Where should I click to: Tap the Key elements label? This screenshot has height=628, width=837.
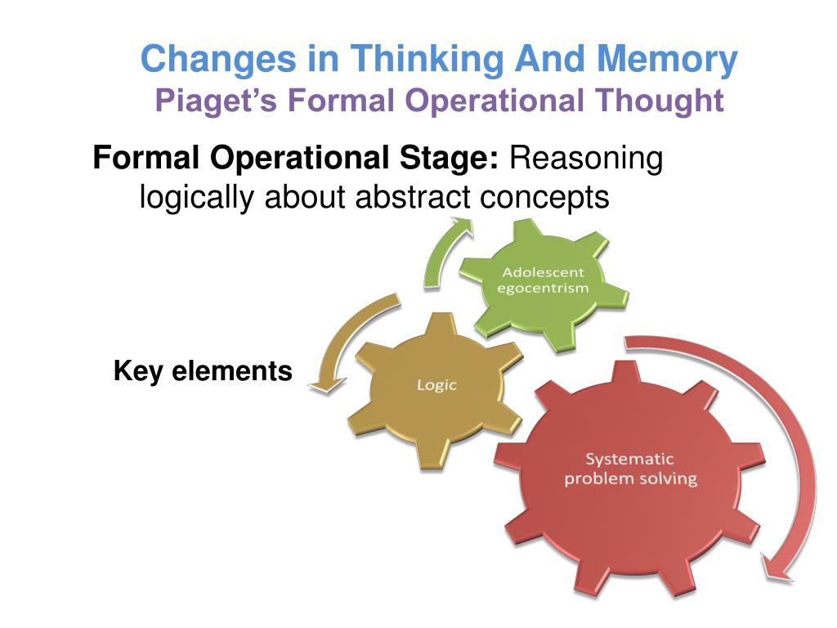203,371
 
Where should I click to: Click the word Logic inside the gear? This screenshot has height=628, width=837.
436,384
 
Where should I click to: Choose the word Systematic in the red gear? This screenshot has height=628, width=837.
630,460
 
